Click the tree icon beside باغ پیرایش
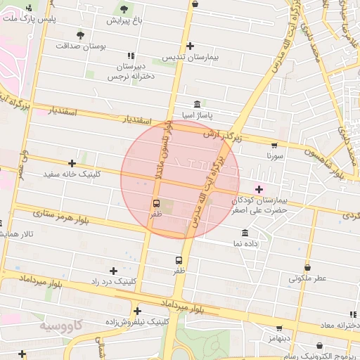point(124,9)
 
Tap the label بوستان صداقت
point(103,46)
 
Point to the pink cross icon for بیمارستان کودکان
point(259,188)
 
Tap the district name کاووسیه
point(60,326)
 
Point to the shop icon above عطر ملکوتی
point(308,267)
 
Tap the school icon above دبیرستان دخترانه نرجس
point(130,56)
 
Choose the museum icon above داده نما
point(245,232)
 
